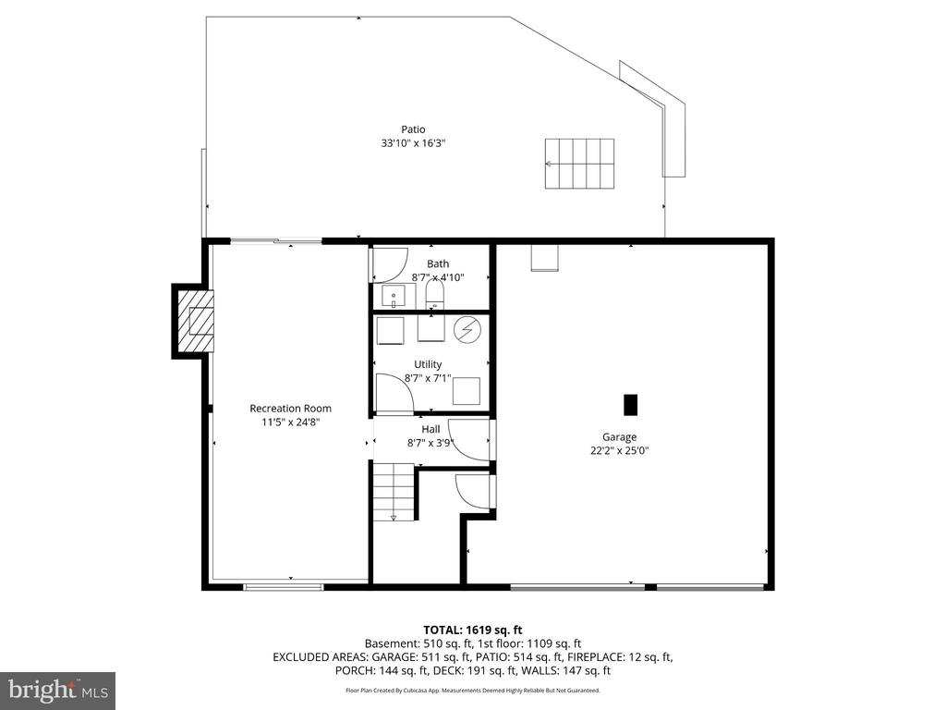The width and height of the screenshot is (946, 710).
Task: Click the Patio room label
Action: [413, 129]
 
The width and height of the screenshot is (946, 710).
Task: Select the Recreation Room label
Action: [290, 408]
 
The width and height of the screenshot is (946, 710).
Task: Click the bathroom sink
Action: [394, 298]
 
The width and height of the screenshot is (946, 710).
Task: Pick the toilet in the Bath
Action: [435, 296]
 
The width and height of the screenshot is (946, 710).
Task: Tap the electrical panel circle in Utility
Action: [467, 329]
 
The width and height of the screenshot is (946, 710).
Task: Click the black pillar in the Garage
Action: [631, 405]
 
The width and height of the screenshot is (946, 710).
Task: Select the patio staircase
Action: [579, 164]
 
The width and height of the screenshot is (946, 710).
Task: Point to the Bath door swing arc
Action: [388, 265]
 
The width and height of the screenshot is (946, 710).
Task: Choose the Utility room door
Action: [394, 393]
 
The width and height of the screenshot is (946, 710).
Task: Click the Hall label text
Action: [431, 429]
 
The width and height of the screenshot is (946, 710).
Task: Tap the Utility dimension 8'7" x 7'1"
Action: [428, 377]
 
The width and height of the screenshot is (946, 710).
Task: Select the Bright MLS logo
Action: [57, 690]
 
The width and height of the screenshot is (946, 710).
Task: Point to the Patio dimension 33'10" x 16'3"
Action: [413, 143]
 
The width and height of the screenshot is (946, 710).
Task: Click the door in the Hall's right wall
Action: [471, 440]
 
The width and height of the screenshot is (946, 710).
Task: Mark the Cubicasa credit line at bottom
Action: [472, 690]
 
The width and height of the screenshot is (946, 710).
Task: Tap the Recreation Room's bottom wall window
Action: [284, 586]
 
